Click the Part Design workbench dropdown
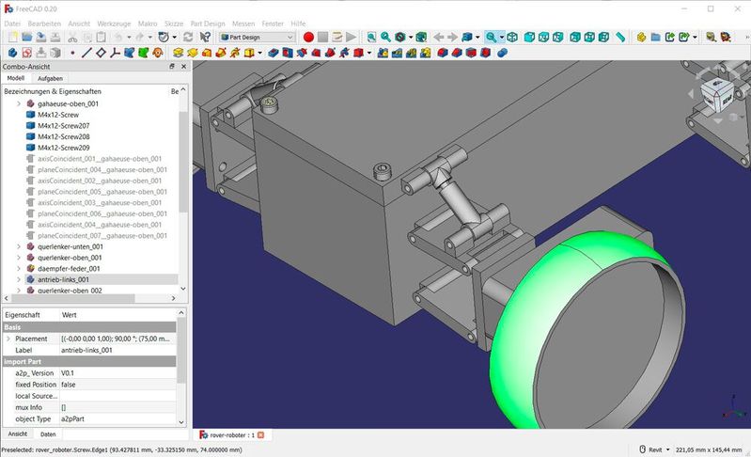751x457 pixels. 257,37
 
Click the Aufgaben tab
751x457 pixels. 50,79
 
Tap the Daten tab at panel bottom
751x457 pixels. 48,434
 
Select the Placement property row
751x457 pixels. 31,339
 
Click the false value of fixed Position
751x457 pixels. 70,385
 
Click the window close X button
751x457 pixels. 736,8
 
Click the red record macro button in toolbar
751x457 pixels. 308,37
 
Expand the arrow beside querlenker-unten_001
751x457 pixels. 19,246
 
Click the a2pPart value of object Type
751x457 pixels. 74,418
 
